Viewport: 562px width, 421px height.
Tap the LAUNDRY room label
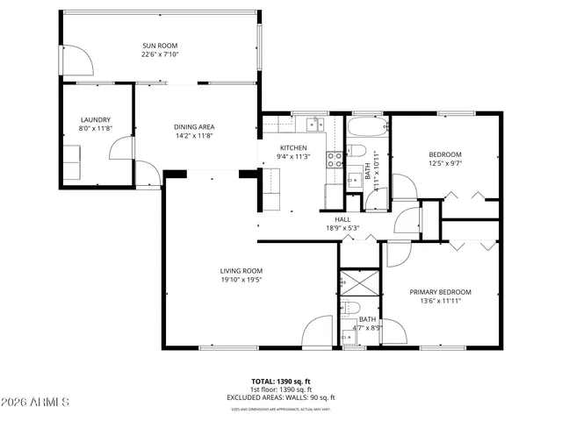tap(95, 119)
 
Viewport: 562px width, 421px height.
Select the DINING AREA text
tap(193, 127)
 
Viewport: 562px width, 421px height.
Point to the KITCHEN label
tap(293, 147)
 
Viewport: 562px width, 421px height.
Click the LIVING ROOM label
tap(241, 270)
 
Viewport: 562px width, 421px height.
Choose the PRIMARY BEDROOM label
tap(440, 292)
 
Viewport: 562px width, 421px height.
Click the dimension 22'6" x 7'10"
tap(161, 54)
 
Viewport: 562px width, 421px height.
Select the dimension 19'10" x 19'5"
tap(241, 280)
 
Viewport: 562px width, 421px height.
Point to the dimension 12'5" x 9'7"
tap(445, 162)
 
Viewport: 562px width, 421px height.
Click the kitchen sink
tap(314, 123)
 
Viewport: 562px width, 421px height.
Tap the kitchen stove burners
tap(335, 160)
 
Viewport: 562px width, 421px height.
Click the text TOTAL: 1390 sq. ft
tap(280, 382)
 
